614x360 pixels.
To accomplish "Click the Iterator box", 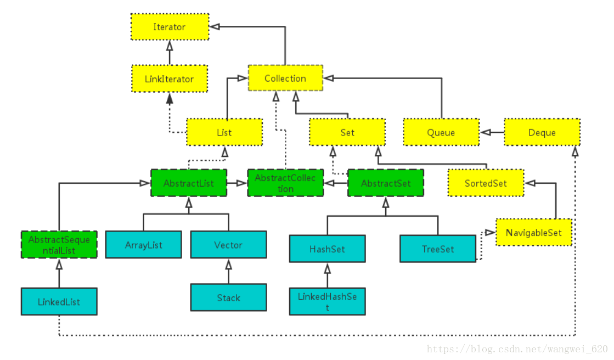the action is coord(170,27).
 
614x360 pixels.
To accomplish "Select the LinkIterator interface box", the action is coord(170,78).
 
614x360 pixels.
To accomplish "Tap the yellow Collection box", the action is coord(285,78).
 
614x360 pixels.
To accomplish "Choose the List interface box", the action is coord(224,132).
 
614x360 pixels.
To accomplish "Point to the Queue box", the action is coord(441,132).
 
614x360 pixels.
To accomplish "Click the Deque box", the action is coord(542,132).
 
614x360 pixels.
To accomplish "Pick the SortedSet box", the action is coord(486,183).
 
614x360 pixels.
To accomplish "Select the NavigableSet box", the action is coord(534,232).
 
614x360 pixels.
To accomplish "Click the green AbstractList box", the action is coord(189,183).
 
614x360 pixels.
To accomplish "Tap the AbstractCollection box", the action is coord(285,183).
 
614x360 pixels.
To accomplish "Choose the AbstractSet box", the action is coord(386,183).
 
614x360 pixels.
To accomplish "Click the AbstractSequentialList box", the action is coord(59,245).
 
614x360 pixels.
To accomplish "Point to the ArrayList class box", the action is coord(144,245).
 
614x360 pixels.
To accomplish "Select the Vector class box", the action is coord(229,245).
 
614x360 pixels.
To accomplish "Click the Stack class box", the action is coord(229,298).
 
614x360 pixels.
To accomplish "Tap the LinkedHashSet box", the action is coord(328,302).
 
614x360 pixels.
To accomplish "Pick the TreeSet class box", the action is coord(438,249).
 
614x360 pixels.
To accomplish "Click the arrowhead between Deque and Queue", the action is coord(486,132).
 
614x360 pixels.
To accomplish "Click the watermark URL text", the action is coord(517,348).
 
